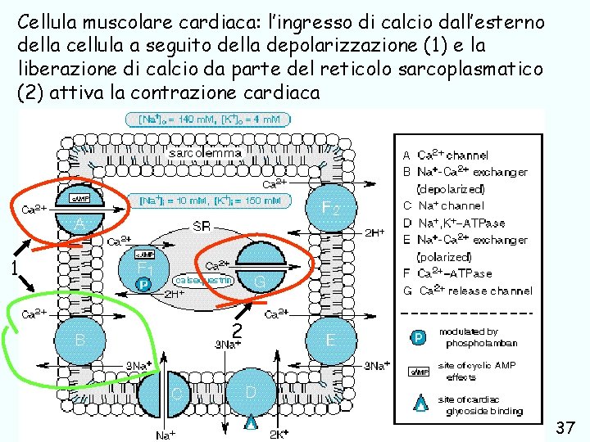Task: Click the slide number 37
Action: click(x=565, y=427)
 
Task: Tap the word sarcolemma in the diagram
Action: click(x=205, y=152)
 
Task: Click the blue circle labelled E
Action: click(x=331, y=340)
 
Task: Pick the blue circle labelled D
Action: click(x=252, y=392)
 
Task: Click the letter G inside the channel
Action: click(x=259, y=280)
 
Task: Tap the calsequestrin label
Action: click(x=204, y=279)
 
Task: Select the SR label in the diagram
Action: click(x=202, y=226)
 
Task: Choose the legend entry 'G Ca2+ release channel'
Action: click(x=467, y=291)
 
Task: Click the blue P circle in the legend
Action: click(x=417, y=337)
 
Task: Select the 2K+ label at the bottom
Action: click(x=279, y=433)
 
